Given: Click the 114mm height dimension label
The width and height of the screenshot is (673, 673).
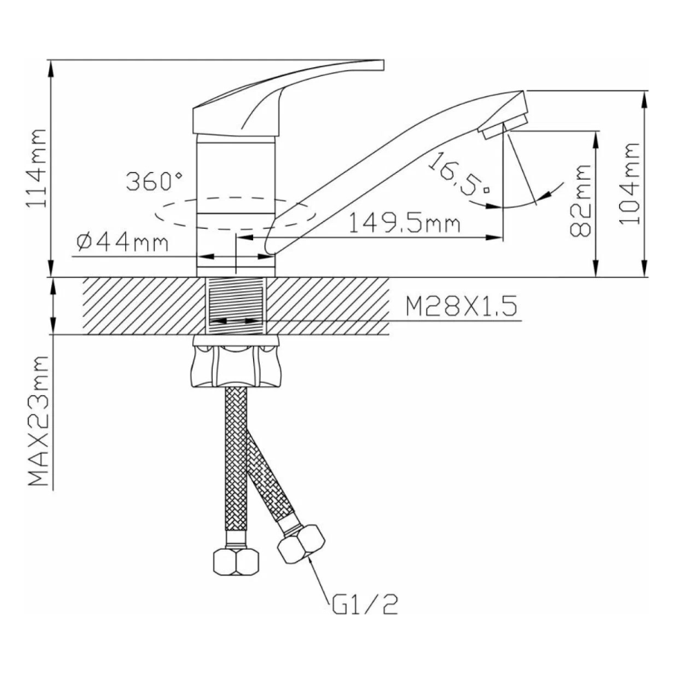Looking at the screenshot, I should pyautogui.click(x=36, y=169).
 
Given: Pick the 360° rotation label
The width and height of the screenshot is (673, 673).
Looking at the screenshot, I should pyautogui.click(x=154, y=182).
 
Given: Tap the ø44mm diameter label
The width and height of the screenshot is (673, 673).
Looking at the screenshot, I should pyautogui.click(x=122, y=241).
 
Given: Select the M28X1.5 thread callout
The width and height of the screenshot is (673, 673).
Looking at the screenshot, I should pyautogui.click(x=460, y=308).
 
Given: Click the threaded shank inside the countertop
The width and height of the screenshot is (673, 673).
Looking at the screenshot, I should pyautogui.click(x=235, y=306).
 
